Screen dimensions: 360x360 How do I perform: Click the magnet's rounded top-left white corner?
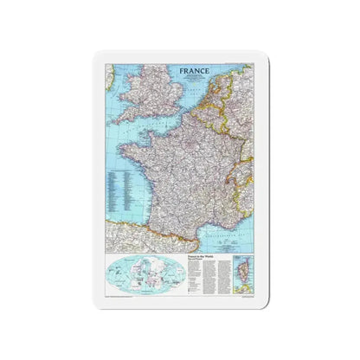click(x=97, y=55)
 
